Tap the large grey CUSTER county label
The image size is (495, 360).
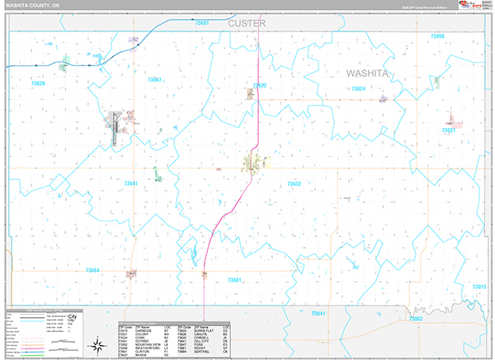click(247, 23)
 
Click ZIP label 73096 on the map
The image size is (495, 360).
click(437, 36)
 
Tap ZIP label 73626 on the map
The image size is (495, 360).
click(37, 83)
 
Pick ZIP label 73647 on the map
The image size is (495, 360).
click(154, 79)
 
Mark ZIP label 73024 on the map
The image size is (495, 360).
click(358, 88)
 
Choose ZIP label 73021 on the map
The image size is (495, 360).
click(449, 130)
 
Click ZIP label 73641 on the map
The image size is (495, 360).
click(130, 182)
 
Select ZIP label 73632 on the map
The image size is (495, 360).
click(295, 183)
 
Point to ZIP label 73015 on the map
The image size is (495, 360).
click(478, 286)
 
